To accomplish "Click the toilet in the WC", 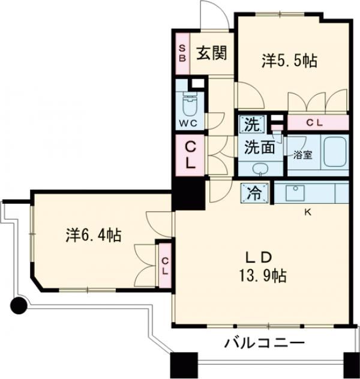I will [x=190, y=107].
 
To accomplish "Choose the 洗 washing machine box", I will [x=252, y=125].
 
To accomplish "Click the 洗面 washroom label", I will [x=259, y=146].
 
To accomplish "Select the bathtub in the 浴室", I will [x=335, y=154].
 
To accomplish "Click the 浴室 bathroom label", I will [x=302, y=154].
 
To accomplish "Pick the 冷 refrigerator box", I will [x=252, y=193].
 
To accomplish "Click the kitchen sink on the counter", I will [x=296, y=192].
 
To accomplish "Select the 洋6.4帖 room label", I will [x=93, y=235].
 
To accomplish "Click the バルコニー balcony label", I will [x=265, y=344].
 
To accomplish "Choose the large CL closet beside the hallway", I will [x=189, y=155].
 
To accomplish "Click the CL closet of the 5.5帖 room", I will [x=317, y=123].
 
